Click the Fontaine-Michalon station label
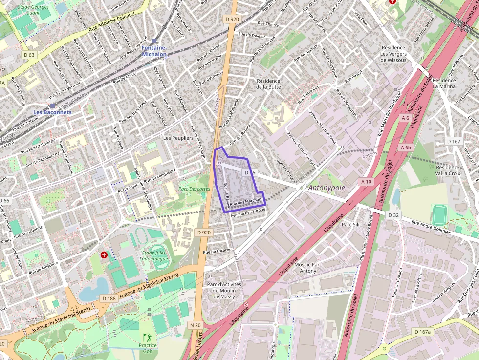coord(154,51)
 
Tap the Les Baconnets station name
coord(52,112)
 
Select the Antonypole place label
coord(327,188)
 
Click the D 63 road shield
coord(29,55)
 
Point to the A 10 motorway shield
coord(366,182)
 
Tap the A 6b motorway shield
coord(406,148)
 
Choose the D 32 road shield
coord(394,215)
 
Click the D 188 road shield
coord(109,298)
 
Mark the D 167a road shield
coord(423,332)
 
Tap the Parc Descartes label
coord(194,189)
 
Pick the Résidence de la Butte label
coord(268,84)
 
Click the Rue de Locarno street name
coord(217,252)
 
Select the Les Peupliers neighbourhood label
coord(178,138)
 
